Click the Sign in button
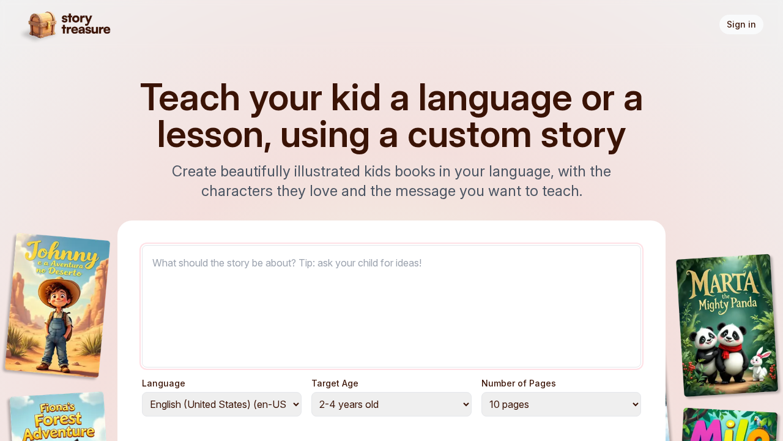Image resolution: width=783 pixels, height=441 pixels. click(741, 24)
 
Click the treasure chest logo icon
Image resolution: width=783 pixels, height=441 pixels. click(42, 25)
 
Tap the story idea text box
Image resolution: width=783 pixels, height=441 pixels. click(391, 306)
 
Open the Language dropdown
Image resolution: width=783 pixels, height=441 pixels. click(221, 404)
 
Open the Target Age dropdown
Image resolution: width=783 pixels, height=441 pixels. click(391, 404)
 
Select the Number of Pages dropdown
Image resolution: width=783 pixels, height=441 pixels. click(561, 404)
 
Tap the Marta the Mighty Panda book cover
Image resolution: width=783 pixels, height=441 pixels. click(726, 325)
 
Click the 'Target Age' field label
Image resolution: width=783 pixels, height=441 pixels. click(335, 383)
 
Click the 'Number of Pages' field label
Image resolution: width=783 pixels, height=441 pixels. click(518, 383)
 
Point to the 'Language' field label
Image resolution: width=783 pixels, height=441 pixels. click(163, 383)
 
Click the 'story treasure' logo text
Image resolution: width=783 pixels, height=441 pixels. click(86, 24)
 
